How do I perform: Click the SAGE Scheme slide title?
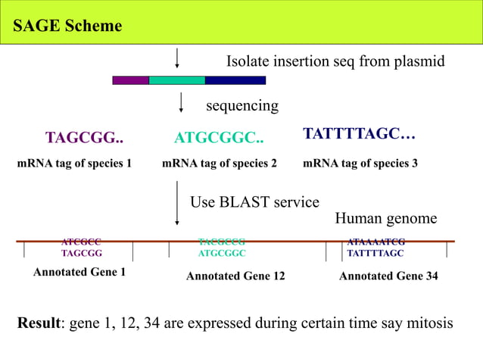pyautogui.click(x=67, y=26)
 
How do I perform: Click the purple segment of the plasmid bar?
pyautogui.click(x=130, y=80)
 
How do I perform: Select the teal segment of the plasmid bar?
pyautogui.click(x=176, y=80)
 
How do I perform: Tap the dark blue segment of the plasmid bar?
pyautogui.click(x=235, y=80)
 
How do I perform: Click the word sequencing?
pyautogui.click(x=242, y=105)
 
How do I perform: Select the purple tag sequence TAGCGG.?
pyautogui.click(x=84, y=138)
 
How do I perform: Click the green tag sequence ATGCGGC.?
pyautogui.click(x=219, y=138)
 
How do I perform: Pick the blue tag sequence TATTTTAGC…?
pyautogui.click(x=359, y=134)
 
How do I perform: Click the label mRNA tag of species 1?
pyautogui.click(x=74, y=163)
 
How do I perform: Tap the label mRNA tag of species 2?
pyautogui.click(x=220, y=163)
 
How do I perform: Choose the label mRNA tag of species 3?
pyautogui.click(x=360, y=163)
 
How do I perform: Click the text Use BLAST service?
pyautogui.click(x=254, y=202)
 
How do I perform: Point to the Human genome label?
pyautogui.click(x=385, y=219)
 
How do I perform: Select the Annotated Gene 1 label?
pyautogui.click(x=79, y=272)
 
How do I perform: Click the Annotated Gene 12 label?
pyautogui.click(x=235, y=276)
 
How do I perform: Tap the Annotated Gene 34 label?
pyautogui.click(x=388, y=276)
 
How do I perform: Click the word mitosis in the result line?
pyautogui.click(x=428, y=323)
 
